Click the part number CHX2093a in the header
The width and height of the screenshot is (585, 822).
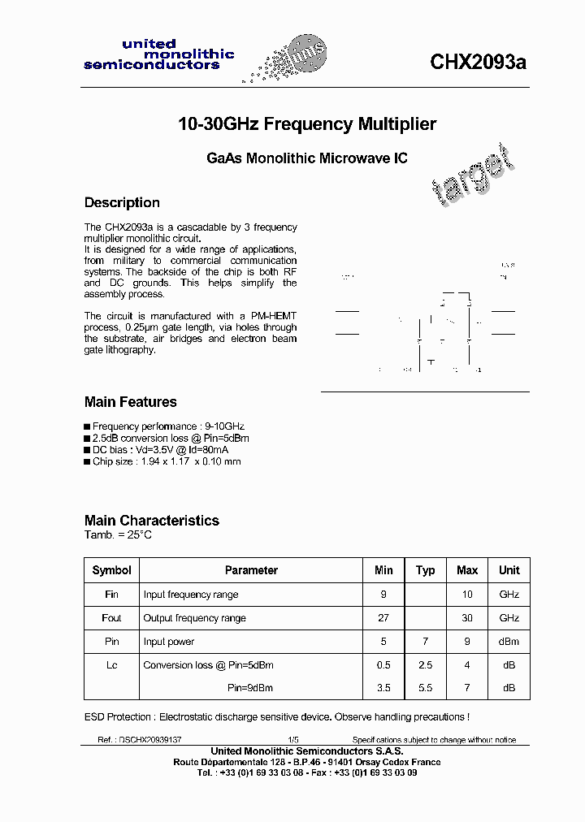[478, 63]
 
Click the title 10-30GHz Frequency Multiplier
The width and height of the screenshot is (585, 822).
[307, 124]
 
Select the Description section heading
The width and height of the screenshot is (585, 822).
[122, 202]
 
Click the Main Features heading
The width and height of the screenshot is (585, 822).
[130, 402]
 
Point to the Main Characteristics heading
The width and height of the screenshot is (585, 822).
[151, 521]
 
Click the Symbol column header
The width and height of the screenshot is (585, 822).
[111, 570]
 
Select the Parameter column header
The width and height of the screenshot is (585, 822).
[251, 570]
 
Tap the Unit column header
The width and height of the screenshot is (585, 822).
[509, 570]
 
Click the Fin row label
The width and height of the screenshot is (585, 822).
[111, 595]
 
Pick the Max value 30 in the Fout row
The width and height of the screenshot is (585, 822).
[467, 618]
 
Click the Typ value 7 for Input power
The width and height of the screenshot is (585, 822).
[425, 642]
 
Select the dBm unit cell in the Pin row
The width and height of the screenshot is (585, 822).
[509, 642]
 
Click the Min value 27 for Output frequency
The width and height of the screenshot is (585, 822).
[383, 618]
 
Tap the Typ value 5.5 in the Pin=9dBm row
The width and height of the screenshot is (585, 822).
[425, 688]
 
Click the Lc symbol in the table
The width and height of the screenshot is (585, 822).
[111, 665]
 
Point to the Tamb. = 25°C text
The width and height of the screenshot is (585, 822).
[118, 535]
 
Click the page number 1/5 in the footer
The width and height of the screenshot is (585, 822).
[293, 740]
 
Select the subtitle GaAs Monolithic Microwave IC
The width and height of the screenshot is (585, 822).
[307, 159]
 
